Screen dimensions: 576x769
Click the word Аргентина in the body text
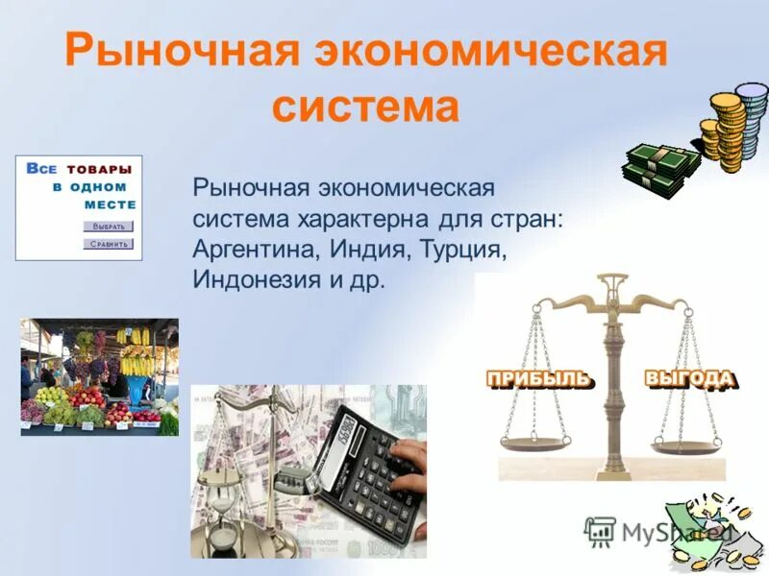click(251, 250)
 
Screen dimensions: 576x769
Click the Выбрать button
click(109, 227)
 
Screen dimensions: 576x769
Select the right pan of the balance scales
click(686, 445)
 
